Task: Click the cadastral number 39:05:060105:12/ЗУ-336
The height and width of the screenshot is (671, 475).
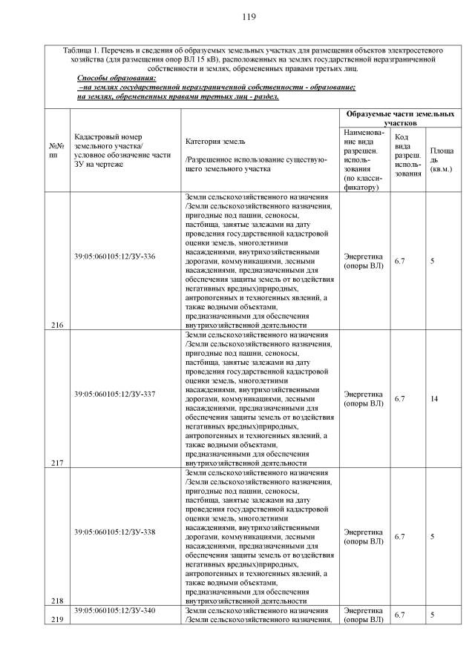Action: [x=115, y=257]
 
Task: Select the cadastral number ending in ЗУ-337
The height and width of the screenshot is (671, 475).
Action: [x=115, y=394]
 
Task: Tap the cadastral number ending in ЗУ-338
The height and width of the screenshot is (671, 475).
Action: [x=115, y=532]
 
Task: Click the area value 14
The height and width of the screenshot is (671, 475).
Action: [x=434, y=399]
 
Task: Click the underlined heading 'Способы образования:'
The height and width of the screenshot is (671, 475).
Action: [x=117, y=78]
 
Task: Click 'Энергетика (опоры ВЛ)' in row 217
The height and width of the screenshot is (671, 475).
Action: [x=364, y=399]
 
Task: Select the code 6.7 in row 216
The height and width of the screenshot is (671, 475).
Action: [x=399, y=261]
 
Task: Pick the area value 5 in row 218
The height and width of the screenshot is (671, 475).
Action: [x=432, y=536]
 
